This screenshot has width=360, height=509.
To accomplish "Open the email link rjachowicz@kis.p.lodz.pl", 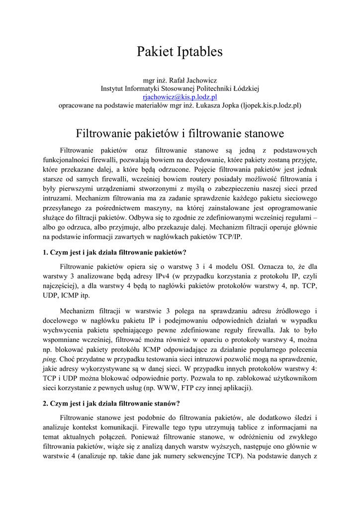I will [x=180, y=97].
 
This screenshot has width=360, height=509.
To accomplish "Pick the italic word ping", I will [x=50, y=359].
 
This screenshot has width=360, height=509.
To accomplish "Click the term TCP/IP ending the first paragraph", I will [x=228, y=238].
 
